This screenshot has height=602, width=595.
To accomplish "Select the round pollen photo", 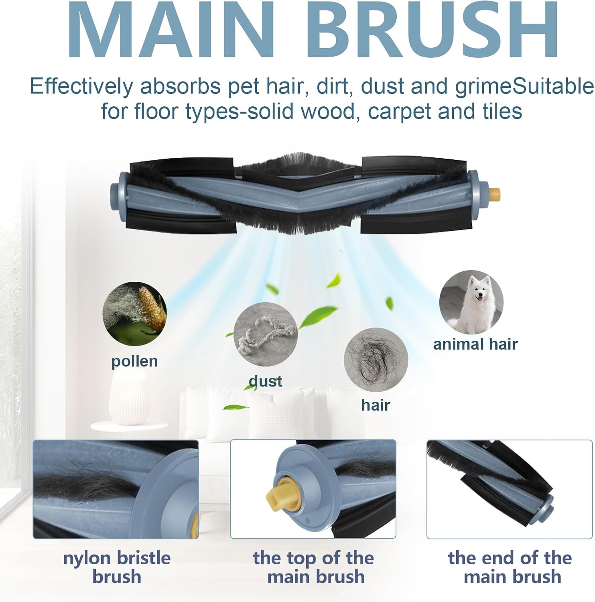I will click(134, 314).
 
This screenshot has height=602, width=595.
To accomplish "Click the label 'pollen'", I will click(134, 361).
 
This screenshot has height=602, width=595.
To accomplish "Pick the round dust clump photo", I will click(266, 334).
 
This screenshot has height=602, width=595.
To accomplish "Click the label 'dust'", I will click(266, 381).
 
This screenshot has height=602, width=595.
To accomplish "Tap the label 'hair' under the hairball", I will click(375, 405).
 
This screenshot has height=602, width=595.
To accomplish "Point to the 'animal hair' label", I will click(475, 344).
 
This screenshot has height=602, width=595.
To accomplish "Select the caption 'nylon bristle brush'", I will click(117, 567).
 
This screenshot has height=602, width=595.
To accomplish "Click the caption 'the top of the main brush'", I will click(313, 567).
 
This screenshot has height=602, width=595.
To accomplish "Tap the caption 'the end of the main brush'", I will click(510, 567).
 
